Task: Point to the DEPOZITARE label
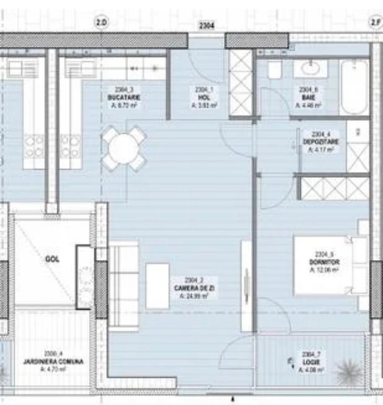(321, 142)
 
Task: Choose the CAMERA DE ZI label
(194, 288)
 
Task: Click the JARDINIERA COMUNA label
(53, 362)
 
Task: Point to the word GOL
(52, 259)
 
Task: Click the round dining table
(124, 148)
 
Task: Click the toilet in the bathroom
(275, 70)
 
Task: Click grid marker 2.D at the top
(101, 23)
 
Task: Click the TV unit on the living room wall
(246, 286)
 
